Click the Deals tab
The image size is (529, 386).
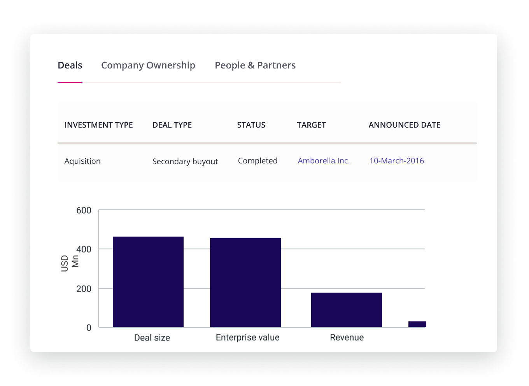[70, 65]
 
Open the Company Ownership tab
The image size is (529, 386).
[148, 65]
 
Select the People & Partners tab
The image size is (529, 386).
[255, 65]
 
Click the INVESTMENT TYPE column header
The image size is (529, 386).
[98, 125]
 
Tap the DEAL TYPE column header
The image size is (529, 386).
[172, 125]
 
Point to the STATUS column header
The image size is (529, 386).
[251, 125]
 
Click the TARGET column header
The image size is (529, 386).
[311, 125]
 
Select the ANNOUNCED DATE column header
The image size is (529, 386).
[405, 125]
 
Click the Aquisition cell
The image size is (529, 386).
[82, 161]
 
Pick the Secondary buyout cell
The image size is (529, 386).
[185, 161]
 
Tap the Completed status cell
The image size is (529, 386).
[257, 161]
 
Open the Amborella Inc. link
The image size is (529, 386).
[324, 161]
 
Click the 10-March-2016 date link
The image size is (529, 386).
[396, 161]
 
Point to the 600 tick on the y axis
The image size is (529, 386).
[84, 211]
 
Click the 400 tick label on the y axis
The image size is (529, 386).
[84, 249]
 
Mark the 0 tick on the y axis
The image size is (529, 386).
[89, 328]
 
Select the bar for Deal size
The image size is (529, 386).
[148, 282]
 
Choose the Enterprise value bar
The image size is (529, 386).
[245, 282]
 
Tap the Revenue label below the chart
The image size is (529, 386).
[347, 337]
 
